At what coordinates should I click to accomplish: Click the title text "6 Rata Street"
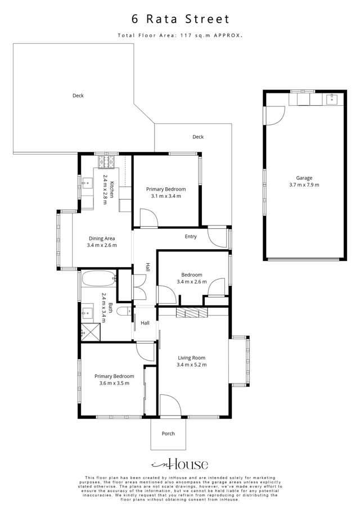(180, 19)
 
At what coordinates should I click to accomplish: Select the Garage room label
(304, 178)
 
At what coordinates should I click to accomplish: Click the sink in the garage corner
(331, 100)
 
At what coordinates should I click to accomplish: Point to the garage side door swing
(273, 116)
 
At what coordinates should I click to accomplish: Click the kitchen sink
(87, 183)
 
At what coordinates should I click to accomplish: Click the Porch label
(168, 434)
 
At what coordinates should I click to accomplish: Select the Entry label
(191, 237)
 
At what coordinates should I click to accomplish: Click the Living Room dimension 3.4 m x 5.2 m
(191, 365)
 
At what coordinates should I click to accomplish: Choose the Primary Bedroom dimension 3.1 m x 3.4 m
(165, 197)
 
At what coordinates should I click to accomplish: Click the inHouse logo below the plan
(180, 465)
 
